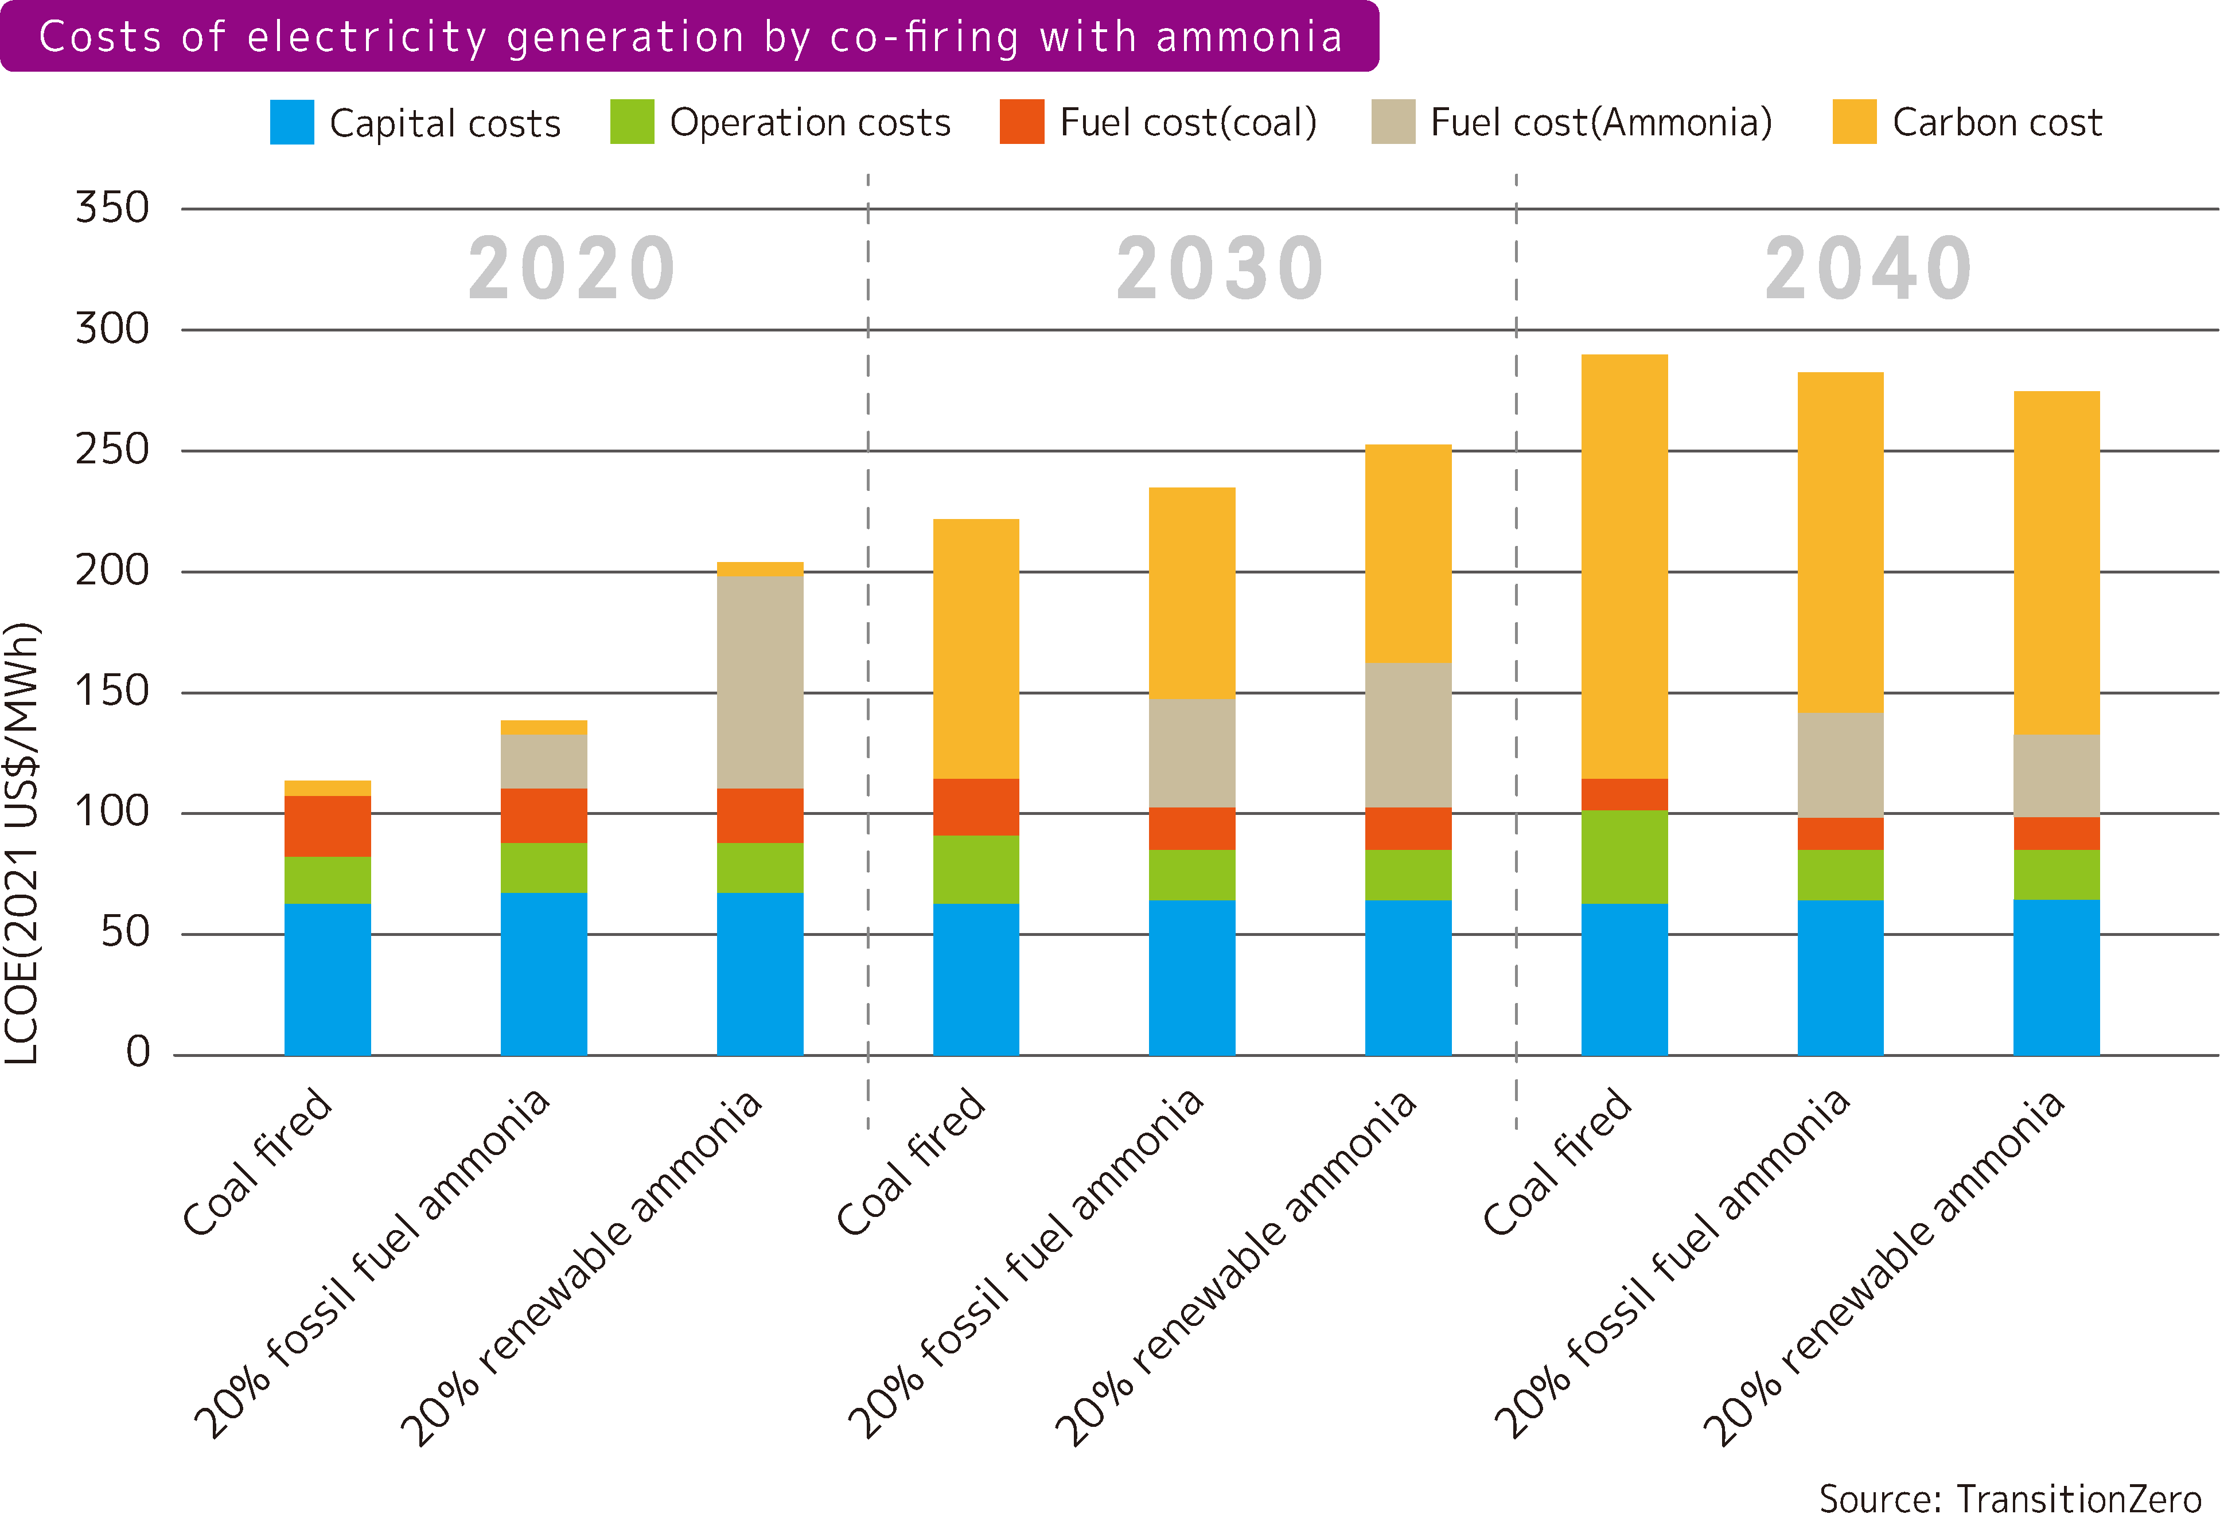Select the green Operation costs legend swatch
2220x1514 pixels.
point(632,122)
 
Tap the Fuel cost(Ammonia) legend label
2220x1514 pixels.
point(1601,122)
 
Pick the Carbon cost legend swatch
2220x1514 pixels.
point(1854,122)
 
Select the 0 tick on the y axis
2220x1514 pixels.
point(138,1053)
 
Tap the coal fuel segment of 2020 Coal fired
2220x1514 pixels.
point(328,826)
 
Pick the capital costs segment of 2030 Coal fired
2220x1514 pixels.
point(975,979)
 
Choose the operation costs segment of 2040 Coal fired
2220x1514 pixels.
point(1624,857)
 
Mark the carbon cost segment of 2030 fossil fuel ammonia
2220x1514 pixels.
point(1191,592)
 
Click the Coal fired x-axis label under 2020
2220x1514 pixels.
point(258,1161)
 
